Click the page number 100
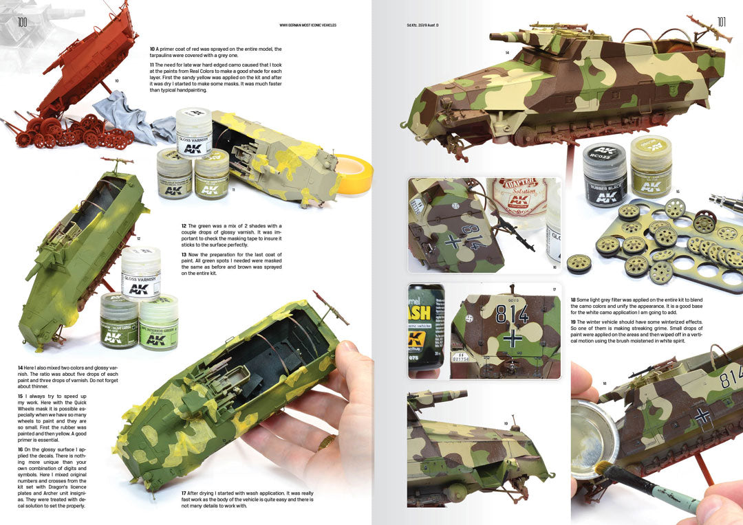(23, 23)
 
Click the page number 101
(721, 22)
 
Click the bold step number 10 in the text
(153, 49)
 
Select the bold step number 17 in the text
(184, 493)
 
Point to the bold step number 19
(574, 322)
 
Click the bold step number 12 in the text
(184, 226)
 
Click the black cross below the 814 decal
(511, 339)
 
